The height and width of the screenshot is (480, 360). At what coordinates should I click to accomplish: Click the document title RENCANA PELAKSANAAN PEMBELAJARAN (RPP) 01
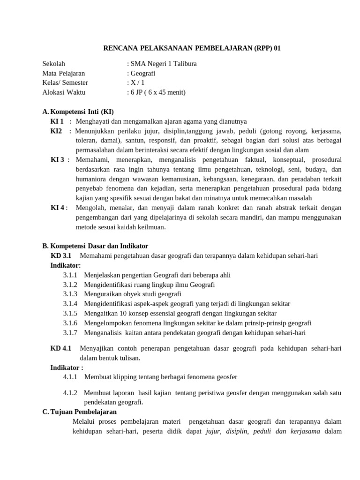coord(192,48)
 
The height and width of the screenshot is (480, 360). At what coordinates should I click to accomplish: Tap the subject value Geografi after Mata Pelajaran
coord(142,73)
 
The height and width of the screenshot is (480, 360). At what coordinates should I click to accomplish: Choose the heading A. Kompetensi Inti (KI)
coord(78,112)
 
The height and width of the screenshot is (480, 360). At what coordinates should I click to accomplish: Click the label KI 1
coord(57,121)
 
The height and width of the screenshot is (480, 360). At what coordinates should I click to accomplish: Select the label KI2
coord(56,131)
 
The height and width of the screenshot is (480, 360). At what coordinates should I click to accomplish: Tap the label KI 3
coord(57,159)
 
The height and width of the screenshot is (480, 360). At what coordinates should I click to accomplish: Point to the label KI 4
coord(57,208)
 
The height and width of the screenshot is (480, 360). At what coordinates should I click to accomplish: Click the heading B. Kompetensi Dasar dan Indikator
coord(95,246)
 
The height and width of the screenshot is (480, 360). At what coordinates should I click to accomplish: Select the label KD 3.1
coord(60,255)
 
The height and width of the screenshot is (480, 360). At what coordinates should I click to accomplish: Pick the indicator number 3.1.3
coord(70,294)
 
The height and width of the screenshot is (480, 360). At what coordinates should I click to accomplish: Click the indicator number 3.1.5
coord(70,313)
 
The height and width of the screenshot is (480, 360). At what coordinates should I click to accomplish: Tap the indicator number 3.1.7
coord(70,333)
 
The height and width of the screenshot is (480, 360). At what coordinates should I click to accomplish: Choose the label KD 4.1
coord(60,348)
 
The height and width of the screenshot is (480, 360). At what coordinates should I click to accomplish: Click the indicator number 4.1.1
coord(70,377)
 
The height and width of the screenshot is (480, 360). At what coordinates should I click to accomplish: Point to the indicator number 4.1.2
coord(70,392)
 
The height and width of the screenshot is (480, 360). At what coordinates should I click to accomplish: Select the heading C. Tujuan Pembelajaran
coord(79,412)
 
